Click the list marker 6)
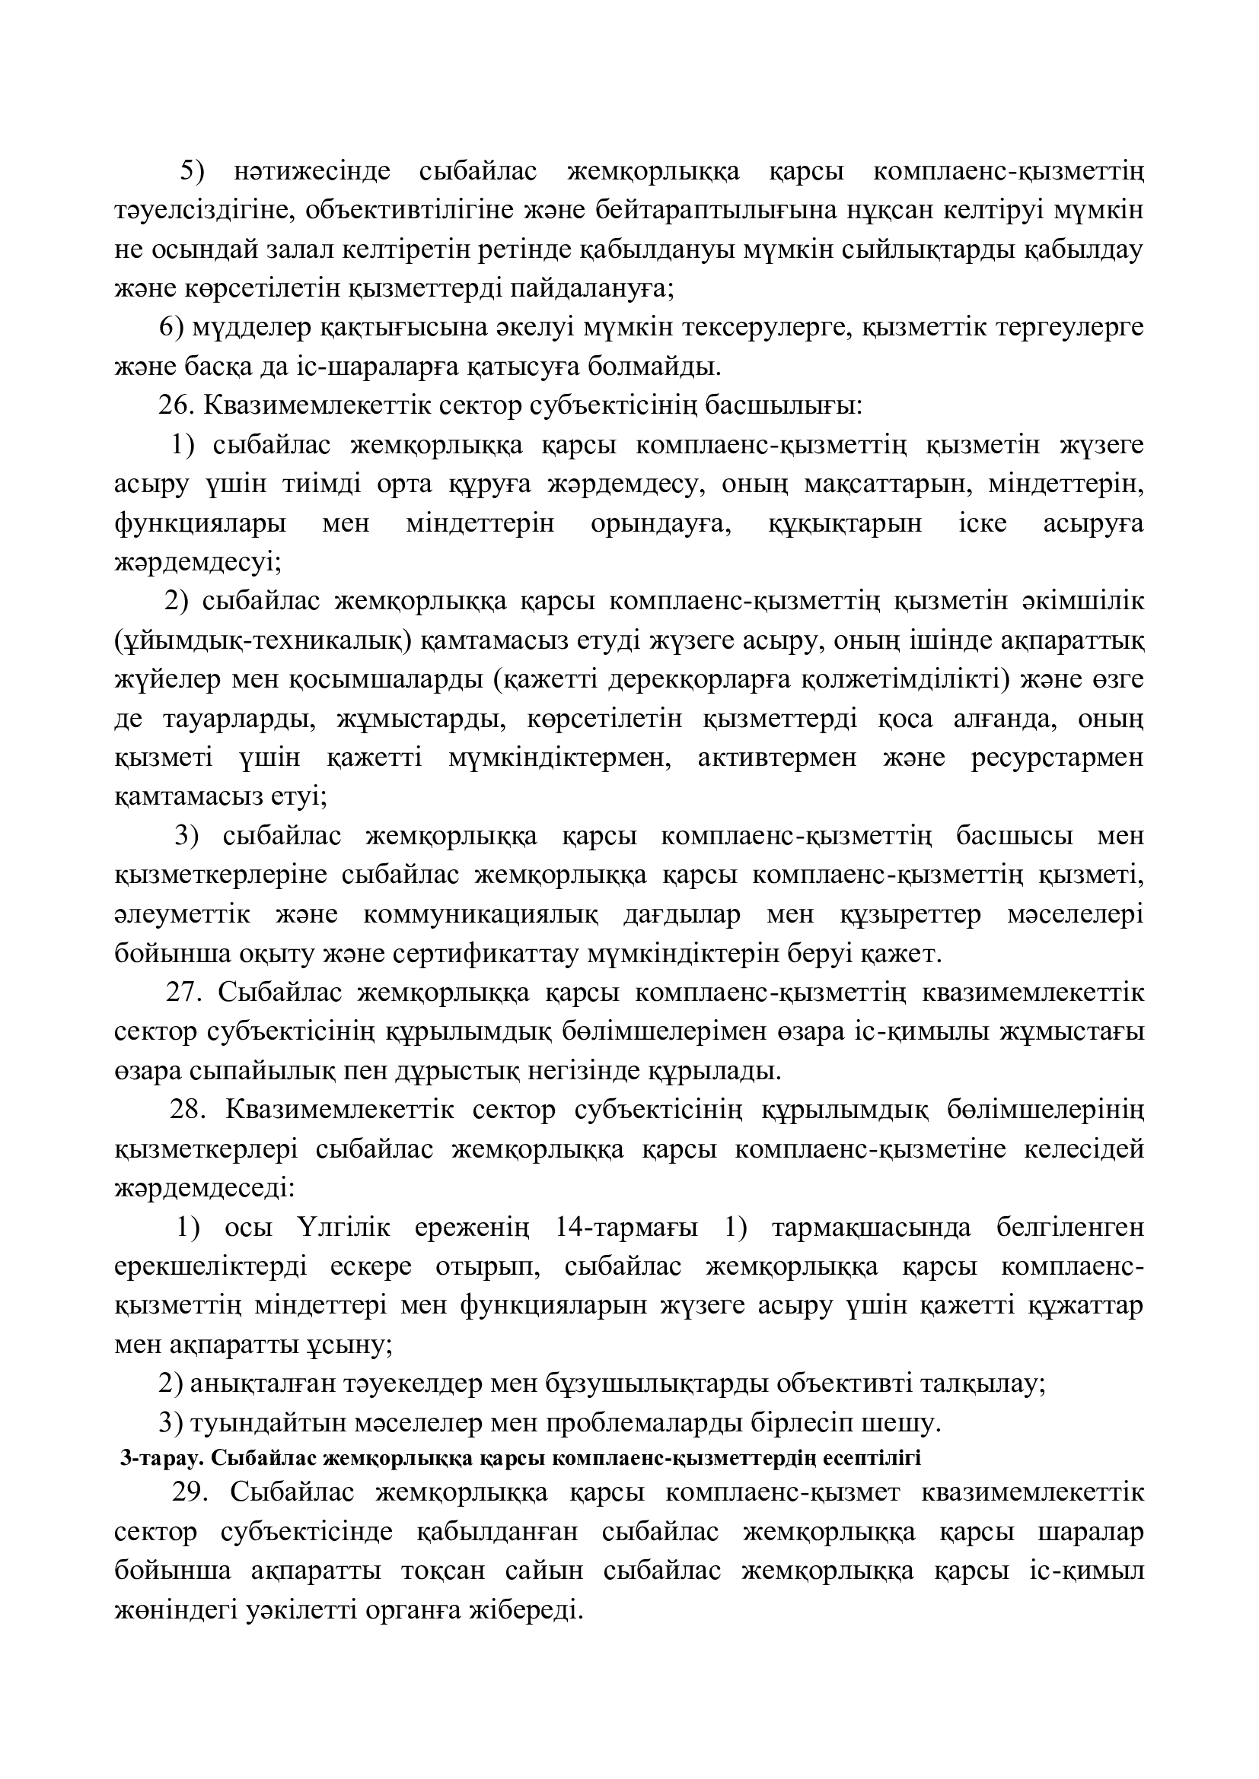pyautogui.click(x=171, y=328)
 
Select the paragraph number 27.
pyautogui.click(x=183, y=993)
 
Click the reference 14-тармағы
pyautogui.click(x=626, y=1228)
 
